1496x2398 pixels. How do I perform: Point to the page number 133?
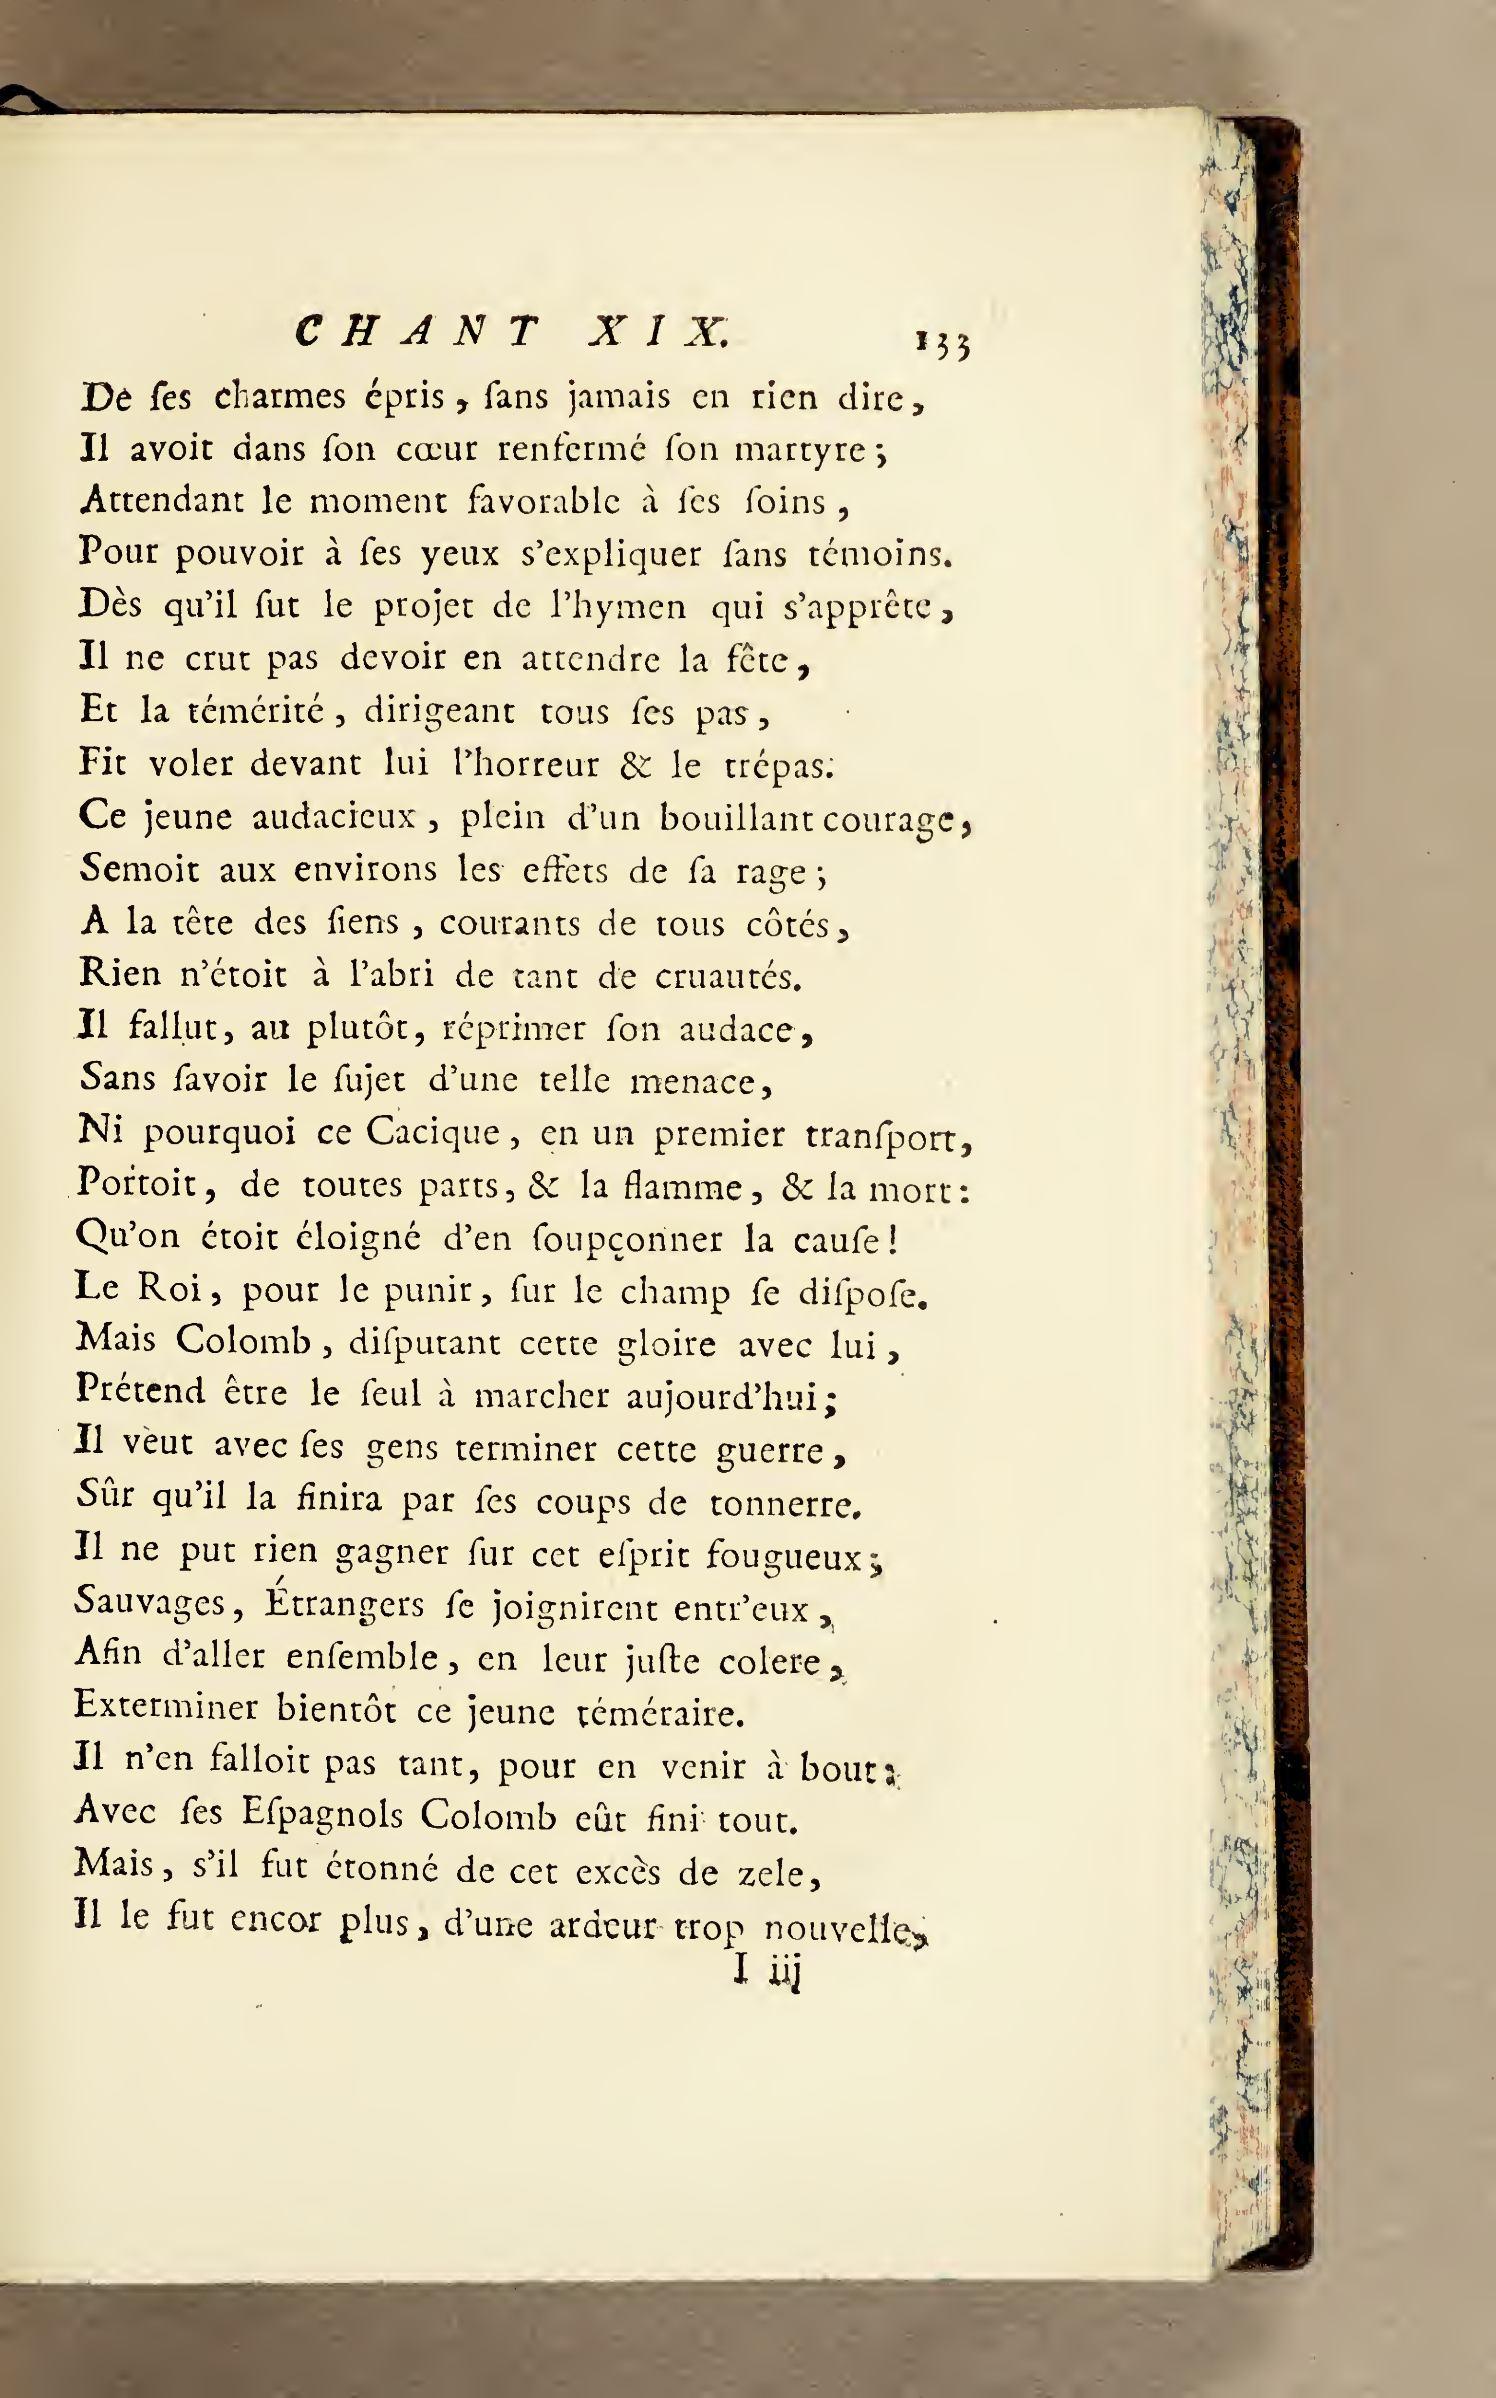(943, 343)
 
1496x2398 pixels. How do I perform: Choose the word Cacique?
(433, 1133)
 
